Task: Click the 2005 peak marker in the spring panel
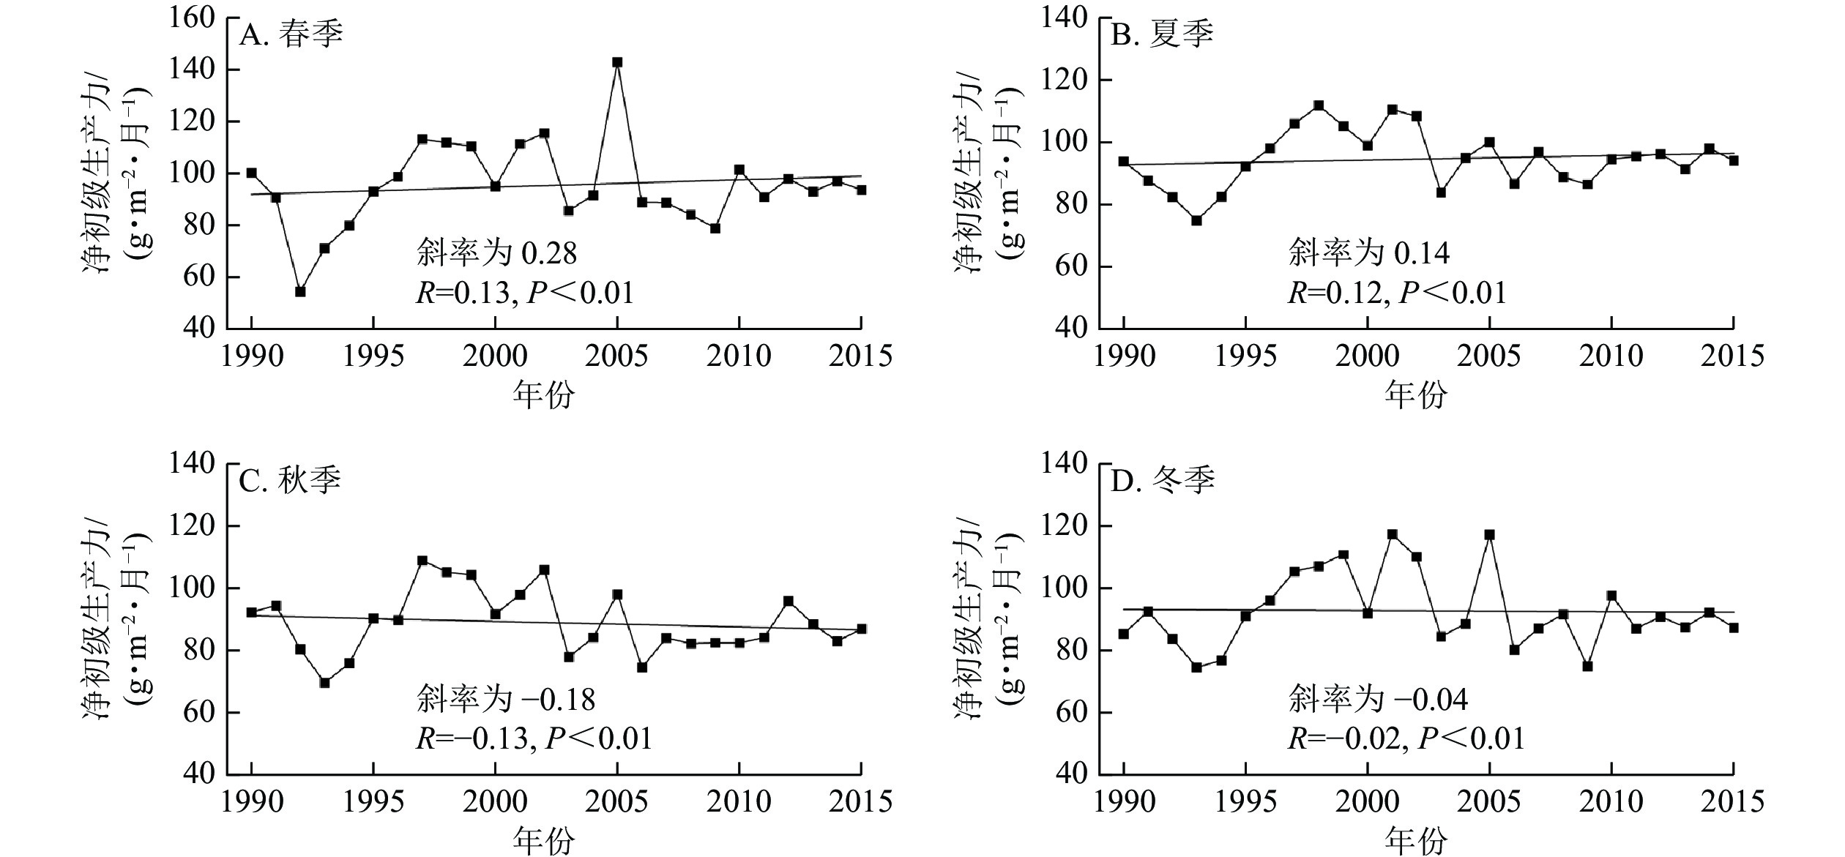(x=617, y=63)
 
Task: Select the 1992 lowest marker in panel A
(x=300, y=291)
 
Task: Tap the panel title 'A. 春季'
(x=291, y=34)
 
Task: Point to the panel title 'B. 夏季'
(x=1163, y=34)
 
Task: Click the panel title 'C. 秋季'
(x=291, y=481)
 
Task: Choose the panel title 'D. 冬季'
(x=1163, y=481)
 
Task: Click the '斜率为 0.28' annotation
(x=496, y=254)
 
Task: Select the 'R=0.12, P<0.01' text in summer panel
(x=1397, y=293)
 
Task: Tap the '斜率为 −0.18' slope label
(x=506, y=700)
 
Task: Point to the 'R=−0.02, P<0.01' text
(x=1406, y=738)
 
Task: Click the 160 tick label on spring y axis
(x=192, y=18)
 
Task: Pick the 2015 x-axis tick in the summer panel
(x=1732, y=356)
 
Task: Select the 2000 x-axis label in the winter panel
(x=1367, y=802)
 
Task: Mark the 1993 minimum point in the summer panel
(x=1196, y=220)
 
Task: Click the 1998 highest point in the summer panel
(x=1319, y=105)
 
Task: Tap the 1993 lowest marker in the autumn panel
(x=324, y=683)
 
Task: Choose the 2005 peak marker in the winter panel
(x=1489, y=535)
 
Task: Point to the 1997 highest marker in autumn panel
(x=422, y=561)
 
